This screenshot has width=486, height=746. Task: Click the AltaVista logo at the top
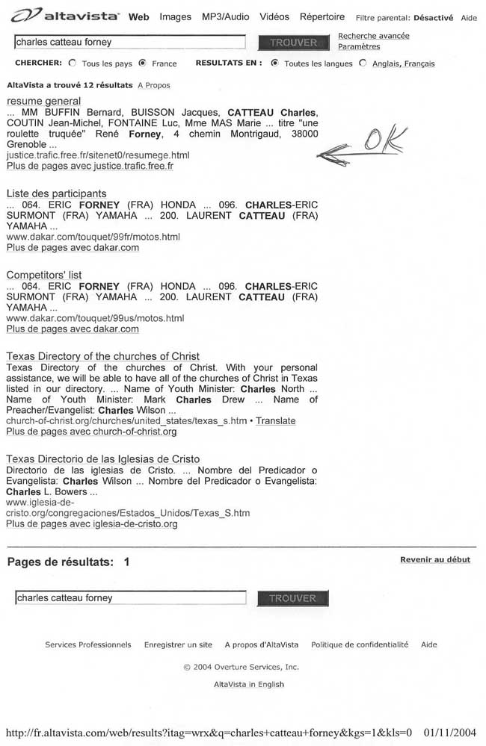(66, 16)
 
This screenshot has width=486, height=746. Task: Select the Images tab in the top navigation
(175, 16)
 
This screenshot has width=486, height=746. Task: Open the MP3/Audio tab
(226, 16)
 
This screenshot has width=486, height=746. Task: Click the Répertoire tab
(322, 16)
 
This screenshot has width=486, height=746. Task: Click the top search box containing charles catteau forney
(129, 43)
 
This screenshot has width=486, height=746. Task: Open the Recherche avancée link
(373, 36)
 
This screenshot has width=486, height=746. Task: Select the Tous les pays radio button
(73, 63)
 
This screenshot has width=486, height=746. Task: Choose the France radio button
(143, 63)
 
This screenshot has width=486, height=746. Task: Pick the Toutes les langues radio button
(275, 63)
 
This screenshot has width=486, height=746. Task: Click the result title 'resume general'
(43, 101)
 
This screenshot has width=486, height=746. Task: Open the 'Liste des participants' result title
(56, 193)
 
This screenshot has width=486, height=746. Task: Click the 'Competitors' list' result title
(44, 275)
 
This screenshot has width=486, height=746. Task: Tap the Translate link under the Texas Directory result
(275, 421)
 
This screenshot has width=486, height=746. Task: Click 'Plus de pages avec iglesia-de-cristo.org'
(91, 524)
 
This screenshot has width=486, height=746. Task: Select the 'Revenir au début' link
(435, 559)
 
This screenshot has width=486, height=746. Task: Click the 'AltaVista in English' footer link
(249, 684)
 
